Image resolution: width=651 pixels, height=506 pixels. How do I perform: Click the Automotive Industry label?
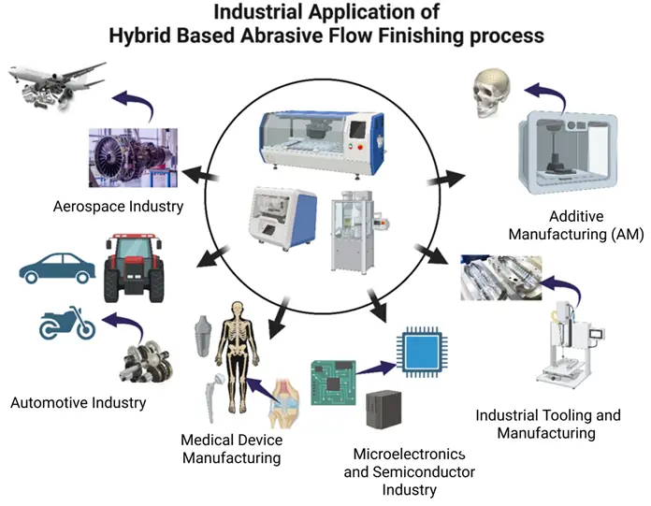point(79,403)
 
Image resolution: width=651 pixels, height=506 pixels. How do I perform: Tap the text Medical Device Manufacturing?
point(232,449)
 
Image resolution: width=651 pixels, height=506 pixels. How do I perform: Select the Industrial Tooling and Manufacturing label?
point(547,424)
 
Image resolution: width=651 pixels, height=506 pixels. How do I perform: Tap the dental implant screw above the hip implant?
point(198,335)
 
